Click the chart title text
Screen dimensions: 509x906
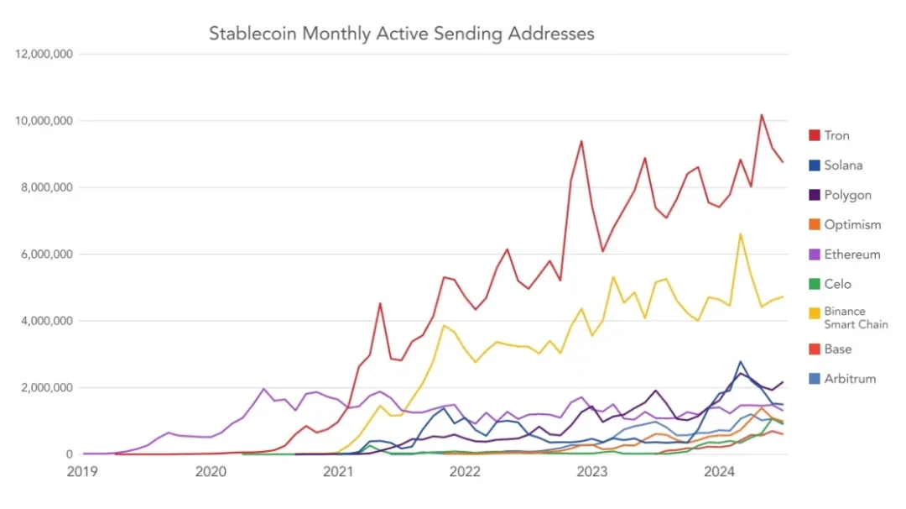(401, 34)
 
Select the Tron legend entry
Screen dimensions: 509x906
(837, 135)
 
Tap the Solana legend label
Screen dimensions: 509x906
(843, 165)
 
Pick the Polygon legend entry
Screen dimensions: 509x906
(848, 195)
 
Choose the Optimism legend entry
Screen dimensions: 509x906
(852, 224)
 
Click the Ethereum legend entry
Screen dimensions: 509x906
(852, 254)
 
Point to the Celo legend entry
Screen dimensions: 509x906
(837, 284)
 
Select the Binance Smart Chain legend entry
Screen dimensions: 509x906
(856, 317)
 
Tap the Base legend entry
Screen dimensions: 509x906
(837, 349)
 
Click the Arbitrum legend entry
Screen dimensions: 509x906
(850, 378)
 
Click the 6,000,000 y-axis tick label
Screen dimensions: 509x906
(48, 254)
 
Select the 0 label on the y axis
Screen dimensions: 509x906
(70, 454)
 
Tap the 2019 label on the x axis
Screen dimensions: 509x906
(82, 472)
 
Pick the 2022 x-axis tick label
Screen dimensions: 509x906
(464, 472)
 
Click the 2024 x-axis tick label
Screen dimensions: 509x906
(718, 472)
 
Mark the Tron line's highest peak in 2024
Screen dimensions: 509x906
(761, 115)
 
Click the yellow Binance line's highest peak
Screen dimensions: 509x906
(740, 234)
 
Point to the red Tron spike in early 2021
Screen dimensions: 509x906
(380, 303)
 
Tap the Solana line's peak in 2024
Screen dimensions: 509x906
(740, 361)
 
